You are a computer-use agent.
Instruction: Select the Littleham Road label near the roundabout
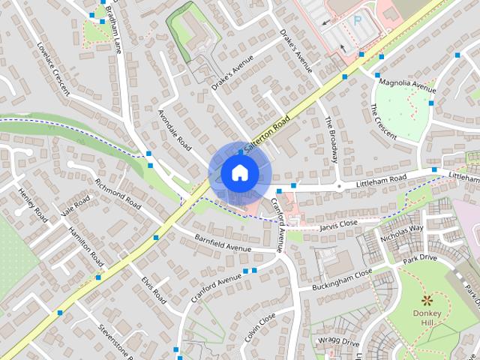coord(382,179)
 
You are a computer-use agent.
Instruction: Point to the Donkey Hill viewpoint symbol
coord(427,299)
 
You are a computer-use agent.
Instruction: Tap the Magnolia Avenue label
coord(407,84)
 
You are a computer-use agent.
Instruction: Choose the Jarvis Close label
coord(338,223)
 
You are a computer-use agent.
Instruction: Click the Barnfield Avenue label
coord(223,243)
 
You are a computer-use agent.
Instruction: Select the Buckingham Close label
coord(342,279)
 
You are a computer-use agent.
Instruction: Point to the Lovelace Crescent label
coord(52,68)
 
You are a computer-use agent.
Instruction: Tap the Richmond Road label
coord(118,193)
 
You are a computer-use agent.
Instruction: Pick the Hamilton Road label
coord(85,247)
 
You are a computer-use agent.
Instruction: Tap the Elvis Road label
coord(154,289)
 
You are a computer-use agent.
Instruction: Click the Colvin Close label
coord(260,326)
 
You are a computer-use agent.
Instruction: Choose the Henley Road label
coord(32,205)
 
